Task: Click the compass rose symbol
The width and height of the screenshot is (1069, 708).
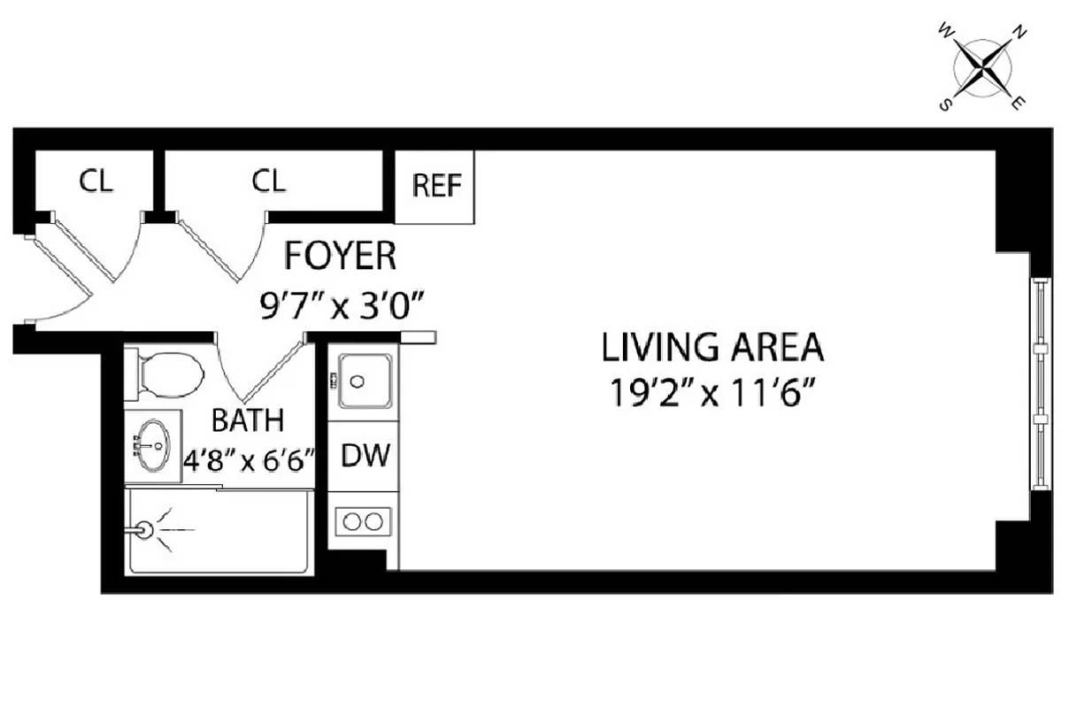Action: tap(982, 68)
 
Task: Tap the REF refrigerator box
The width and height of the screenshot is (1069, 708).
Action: tap(436, 187)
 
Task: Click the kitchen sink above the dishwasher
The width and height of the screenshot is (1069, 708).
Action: tap(363, 381)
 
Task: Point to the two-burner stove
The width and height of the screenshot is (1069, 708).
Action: tap(364, 520)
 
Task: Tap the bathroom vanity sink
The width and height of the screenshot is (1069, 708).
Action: tap(152, 445)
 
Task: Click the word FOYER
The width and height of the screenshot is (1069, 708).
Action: tap(340, 256)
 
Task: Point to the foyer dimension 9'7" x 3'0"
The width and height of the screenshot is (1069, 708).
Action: tap(340, 309)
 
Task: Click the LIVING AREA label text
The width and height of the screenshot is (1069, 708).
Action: tap(712, 347)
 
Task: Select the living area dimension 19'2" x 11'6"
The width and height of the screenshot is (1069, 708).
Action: tap(712, 393)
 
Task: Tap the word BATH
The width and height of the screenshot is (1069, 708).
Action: tap(248, 419)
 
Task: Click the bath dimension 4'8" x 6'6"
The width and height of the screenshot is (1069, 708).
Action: tap(250, 461)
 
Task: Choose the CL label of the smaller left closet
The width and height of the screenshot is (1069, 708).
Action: tap(96, 181)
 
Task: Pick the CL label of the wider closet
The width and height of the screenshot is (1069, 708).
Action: tap(269, 181)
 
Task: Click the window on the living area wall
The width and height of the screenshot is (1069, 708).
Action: tap(1041, 384)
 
